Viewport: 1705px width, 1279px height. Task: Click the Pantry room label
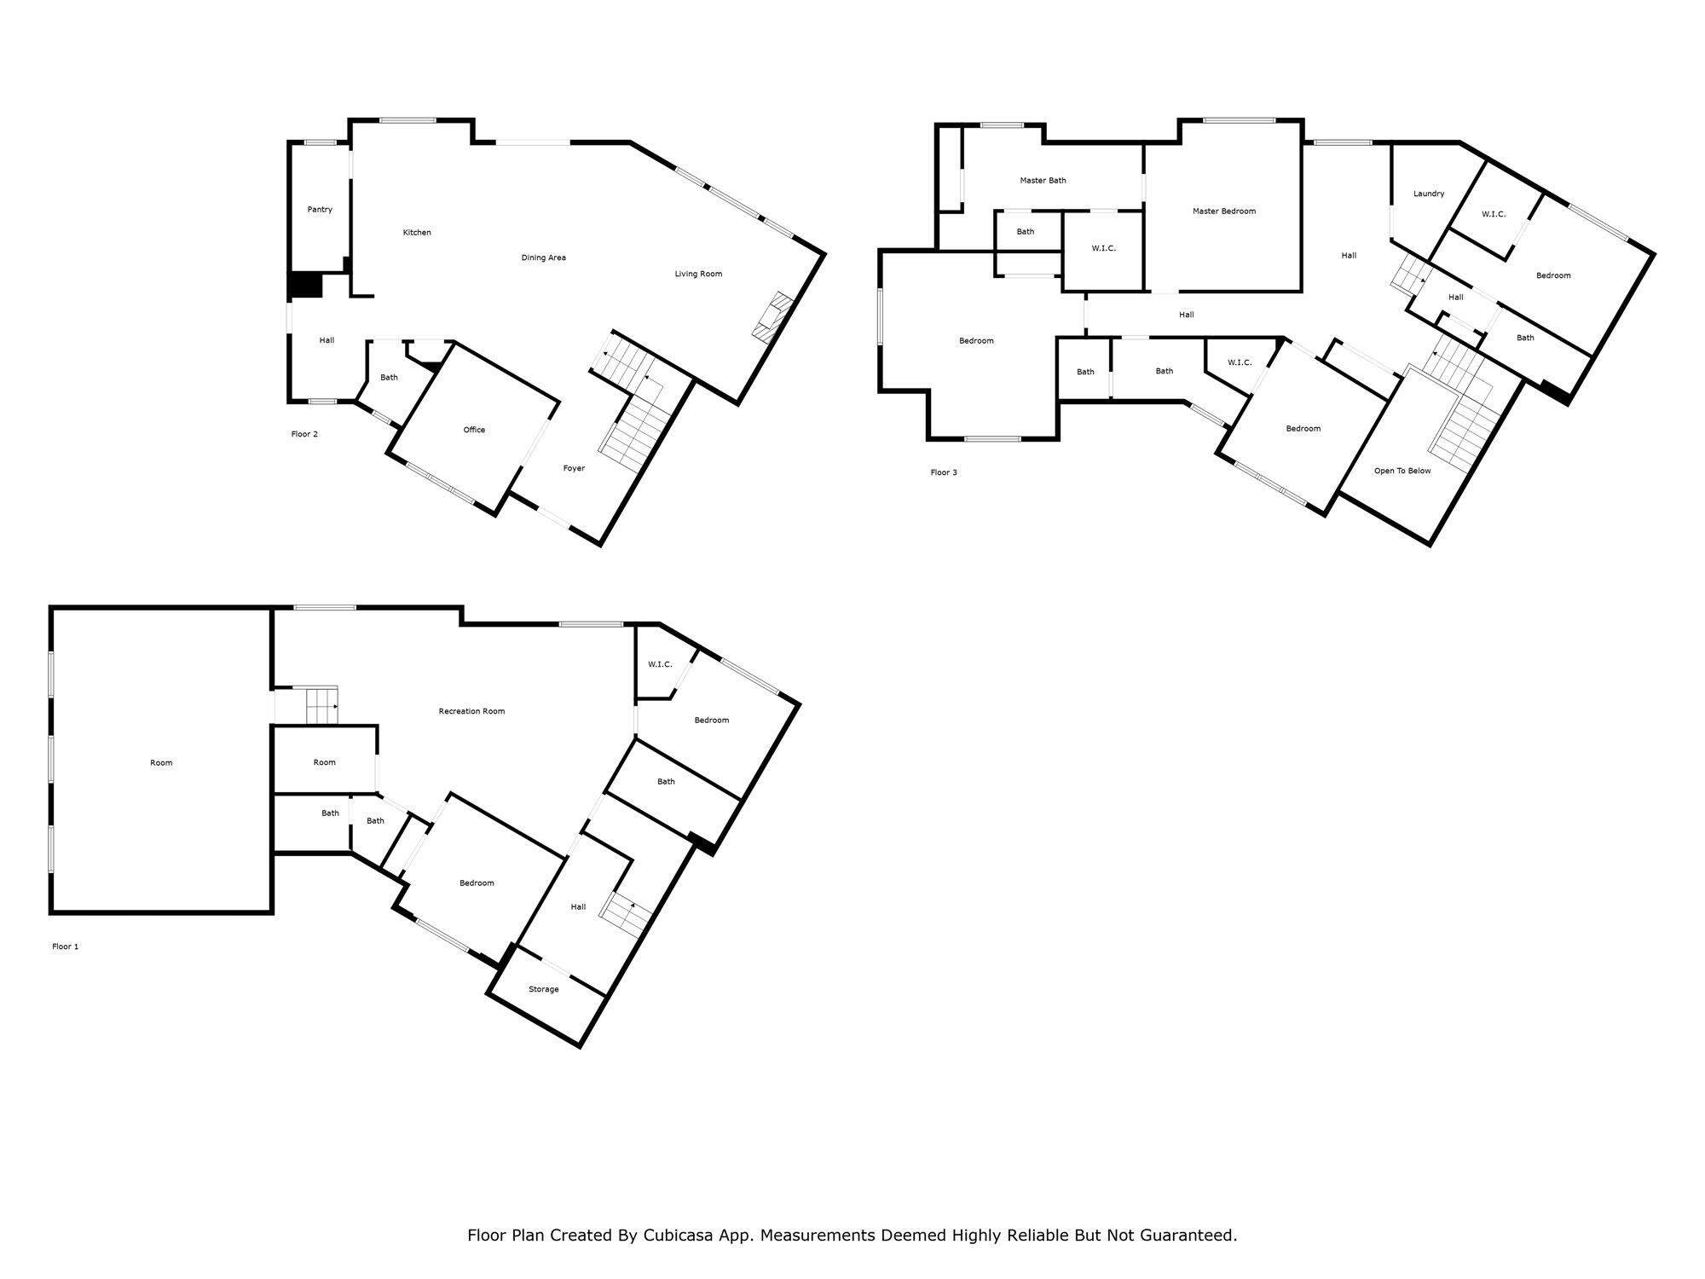(x=320, y=210)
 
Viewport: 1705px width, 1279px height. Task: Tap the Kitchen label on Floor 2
(x=417, y=233)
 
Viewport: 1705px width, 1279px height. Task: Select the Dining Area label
(x=544, y=258)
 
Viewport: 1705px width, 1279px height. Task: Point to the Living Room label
(x=698, y=274)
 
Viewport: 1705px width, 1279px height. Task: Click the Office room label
(x=474, y=430)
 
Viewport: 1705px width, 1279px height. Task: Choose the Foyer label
(x=574, y=468)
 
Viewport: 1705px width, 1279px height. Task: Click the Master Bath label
(x=1043, y=181)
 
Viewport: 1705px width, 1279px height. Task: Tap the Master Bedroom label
(x=1223, y=211)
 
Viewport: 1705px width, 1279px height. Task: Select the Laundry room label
(x=1429, y=194)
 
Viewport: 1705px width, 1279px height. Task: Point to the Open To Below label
(x=1402, y=471)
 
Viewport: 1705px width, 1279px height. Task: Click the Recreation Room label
(x=471, y=711)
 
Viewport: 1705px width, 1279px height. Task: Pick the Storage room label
(x=543, y=989)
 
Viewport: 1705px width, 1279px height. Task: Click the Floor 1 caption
(x=65, y=946)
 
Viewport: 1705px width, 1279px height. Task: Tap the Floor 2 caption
(x=304, y=434)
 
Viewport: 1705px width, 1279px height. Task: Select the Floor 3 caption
(x=944, y=472)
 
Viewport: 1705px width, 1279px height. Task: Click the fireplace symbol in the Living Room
(x=773, y=317)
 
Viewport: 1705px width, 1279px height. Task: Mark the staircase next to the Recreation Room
(x=321, y=706)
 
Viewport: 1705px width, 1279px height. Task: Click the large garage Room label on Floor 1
(x=161, y=763)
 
